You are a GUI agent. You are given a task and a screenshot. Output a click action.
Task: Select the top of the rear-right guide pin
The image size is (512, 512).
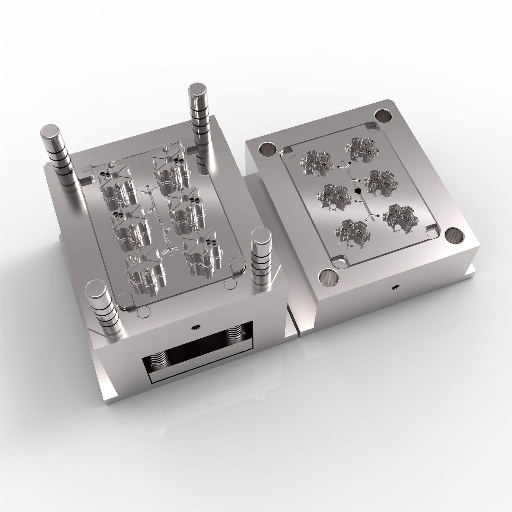coord(198,92)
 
